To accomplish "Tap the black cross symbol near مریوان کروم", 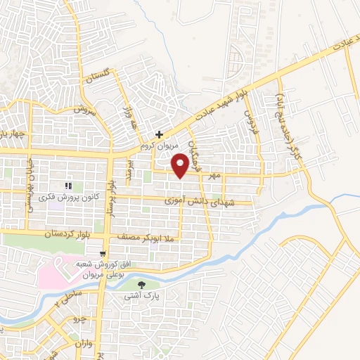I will click(x=160, y=134).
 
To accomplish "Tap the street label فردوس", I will click(x=247, y=120).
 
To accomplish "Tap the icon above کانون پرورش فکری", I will click(x=68, y=186).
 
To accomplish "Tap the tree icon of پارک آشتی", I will click(x=143, y=285).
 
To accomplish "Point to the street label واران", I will click(x=82, y=346).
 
